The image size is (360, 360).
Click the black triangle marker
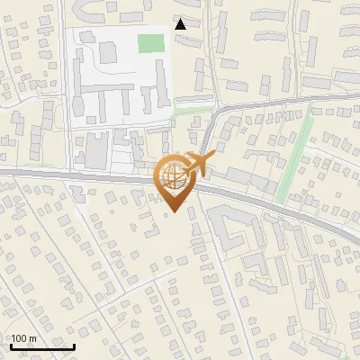pyautogui.click(x=181, y=24)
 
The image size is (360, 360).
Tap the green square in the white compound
pyautogui.click(x=151, y=42)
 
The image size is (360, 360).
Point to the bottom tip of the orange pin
pyautogui.click(x=173, y=212)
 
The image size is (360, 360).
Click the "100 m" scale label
pyautogui.click(x=23, y=338)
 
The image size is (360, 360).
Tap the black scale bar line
pyautogui.click(x=42, y=346)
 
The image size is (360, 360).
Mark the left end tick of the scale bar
pyautogui.click(x=10, y=344)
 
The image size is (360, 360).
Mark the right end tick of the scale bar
pyautogui.click(x=75, y=344)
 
